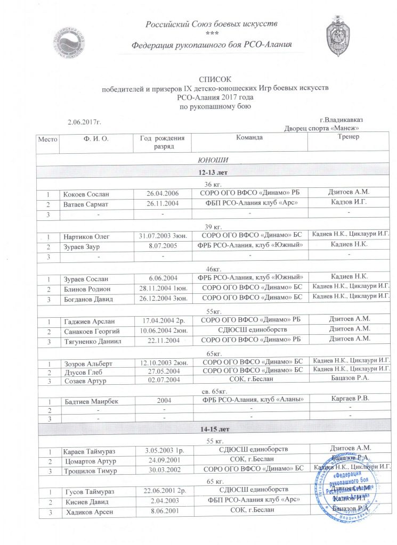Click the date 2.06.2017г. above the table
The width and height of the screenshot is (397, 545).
point(85,122)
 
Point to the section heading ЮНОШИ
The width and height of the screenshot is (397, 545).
point(213,160)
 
